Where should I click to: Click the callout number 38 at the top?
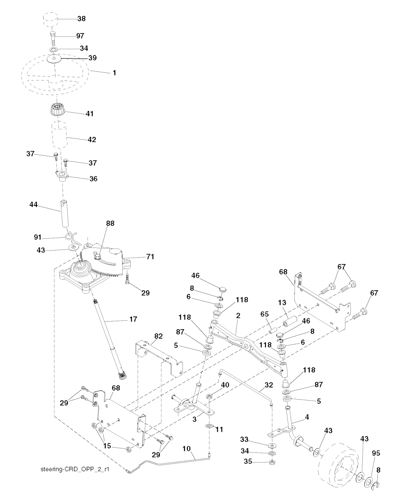tap(81, 19)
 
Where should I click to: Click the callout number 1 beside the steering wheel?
tap(114, 73)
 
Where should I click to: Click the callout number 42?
tap(91, 140)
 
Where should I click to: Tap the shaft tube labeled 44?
tap(65, 214)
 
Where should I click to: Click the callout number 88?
tap(110, 223)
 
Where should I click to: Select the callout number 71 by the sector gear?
tap(150, 257)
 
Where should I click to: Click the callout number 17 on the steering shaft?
tap(133, 319)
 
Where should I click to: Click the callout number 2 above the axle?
tap(238, 316)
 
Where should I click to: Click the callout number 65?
tap(264, 314)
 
